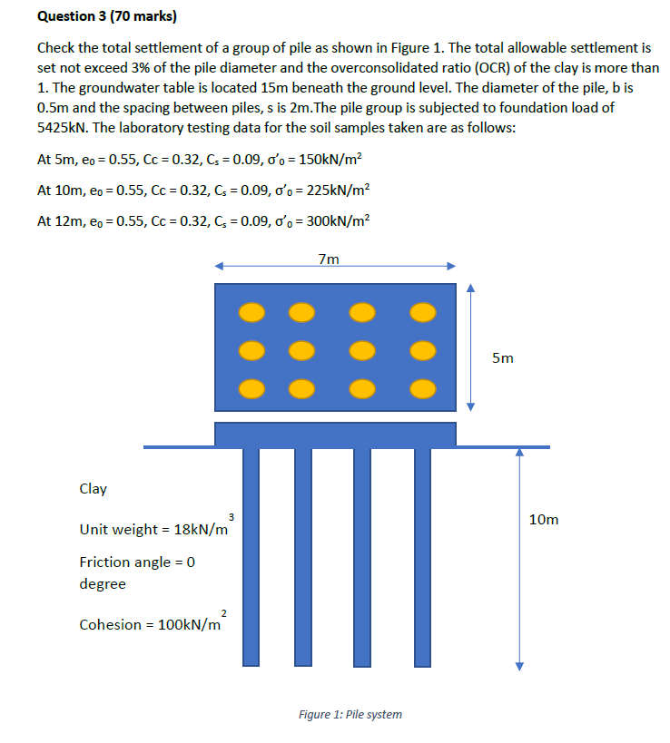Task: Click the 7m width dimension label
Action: point(330,259)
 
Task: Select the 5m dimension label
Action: point(503,358)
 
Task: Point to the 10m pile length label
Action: point(543,520)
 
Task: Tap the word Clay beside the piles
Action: point(94,489)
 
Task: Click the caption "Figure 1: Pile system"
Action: point(350,714)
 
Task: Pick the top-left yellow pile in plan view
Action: point(253,312)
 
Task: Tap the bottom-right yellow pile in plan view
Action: point(421,387)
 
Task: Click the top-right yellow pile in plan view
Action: point(421,312)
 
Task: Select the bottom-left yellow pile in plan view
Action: point(253,387)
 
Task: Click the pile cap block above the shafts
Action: point(335,434)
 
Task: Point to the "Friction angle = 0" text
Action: point(137,562)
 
